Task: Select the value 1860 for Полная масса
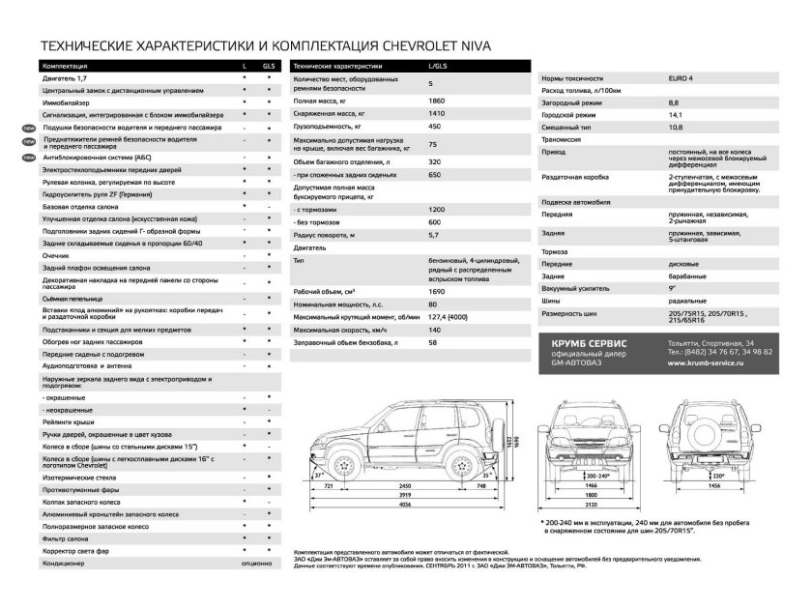click(437, 101)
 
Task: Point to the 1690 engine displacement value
click(437, 291)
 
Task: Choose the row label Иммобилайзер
click(68, 101)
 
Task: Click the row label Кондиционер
click(65, 562)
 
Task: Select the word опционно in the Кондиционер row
click(256, 562)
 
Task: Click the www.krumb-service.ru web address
click(720, 362)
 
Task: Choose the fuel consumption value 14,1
click(674, 114)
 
